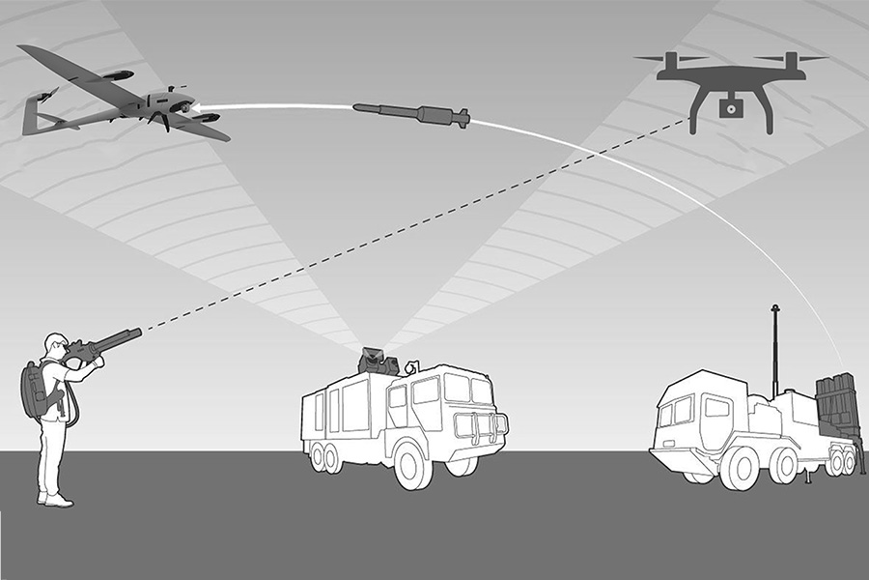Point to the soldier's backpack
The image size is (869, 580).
tap(36, 391)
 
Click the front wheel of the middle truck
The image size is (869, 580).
tap(413, 465)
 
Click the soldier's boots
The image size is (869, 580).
tap(56, 499)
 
